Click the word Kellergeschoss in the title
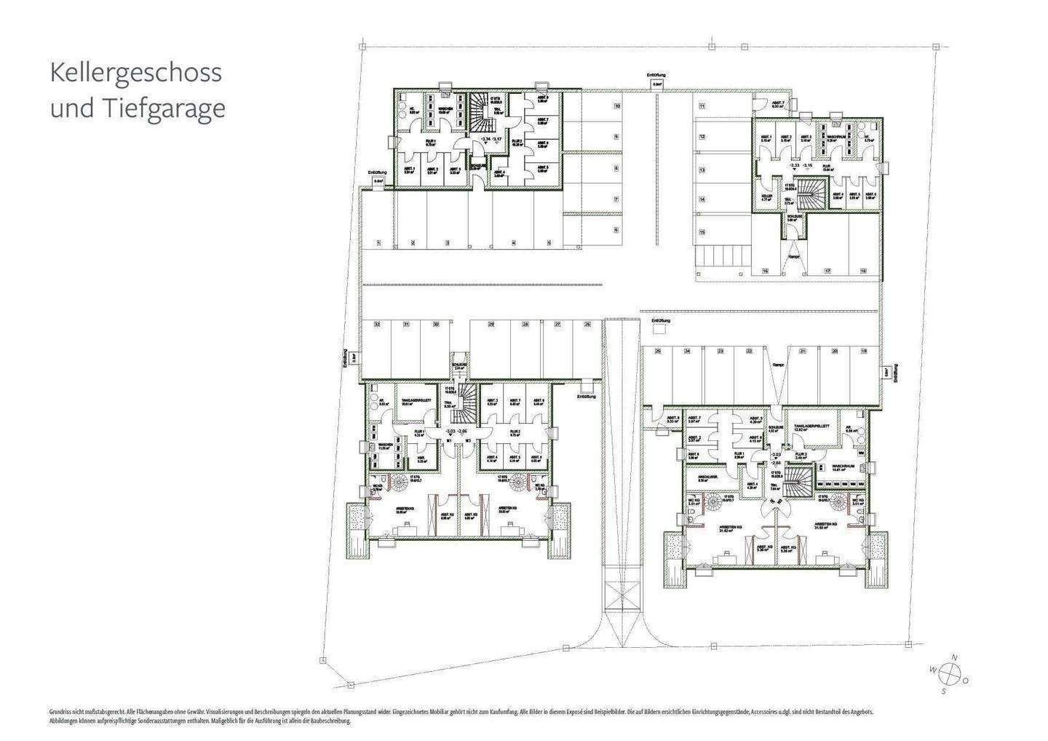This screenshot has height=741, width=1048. point(135,73)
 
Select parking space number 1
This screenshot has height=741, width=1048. point(378,242)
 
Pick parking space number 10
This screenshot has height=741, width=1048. point(616,106)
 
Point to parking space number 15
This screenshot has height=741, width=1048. point(702,232)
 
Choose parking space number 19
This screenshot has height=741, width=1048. point(864,351)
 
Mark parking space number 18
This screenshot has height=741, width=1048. point(863,270)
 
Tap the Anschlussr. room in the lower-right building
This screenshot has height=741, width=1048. point(703,479)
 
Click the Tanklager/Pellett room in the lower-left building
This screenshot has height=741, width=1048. point(416,403)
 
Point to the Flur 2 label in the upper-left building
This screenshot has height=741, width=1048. point(517,143)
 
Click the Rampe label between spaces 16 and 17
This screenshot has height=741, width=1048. point(794,256)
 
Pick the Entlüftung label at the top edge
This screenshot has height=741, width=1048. point(656,75)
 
